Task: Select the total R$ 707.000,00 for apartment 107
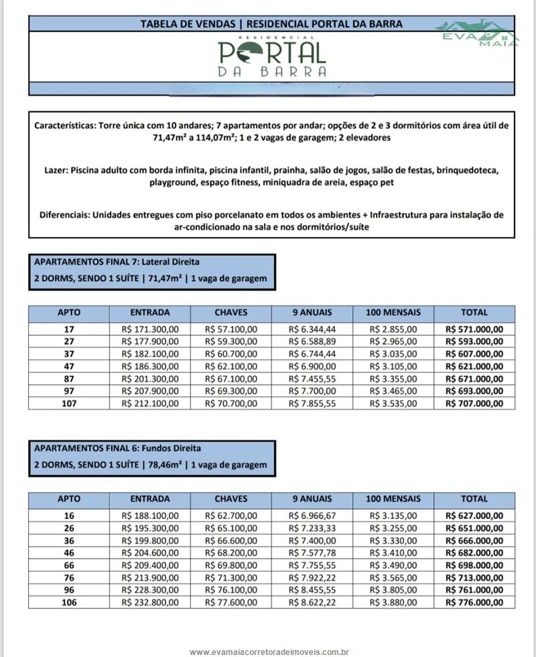(x=474, y=403)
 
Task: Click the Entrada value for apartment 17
(x=150, y=330)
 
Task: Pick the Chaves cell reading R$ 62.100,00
(x=231, y=366)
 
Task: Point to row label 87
(x=69, y=378)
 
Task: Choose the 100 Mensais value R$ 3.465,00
(x=393, y=391)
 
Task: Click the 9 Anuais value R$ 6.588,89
(x=312, y=342)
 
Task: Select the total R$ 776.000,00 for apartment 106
(x=474, y=602)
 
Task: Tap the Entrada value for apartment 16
(x=150, y=516)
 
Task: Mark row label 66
(x=69, y=565)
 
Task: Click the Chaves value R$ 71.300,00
(x=231, y=577)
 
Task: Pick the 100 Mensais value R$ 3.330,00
(x=393, y=540)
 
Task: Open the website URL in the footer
(x=271, y=652)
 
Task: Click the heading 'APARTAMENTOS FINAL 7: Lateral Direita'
(x=117, y=262)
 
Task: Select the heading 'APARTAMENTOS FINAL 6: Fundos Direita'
(x=117, y=448)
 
